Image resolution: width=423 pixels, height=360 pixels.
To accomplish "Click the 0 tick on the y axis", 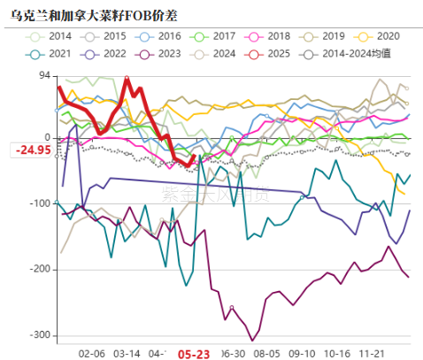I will tap(47, 138).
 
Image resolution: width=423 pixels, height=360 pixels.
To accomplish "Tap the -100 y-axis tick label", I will tap(39, 203).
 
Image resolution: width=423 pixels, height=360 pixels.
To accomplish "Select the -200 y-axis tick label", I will tap(39, 269).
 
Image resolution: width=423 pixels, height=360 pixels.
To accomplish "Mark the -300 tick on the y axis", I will tap(39, 335).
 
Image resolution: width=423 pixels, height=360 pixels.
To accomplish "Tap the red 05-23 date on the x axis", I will tap(193, 352).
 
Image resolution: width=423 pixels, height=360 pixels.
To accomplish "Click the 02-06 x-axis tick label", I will tap(92, 351).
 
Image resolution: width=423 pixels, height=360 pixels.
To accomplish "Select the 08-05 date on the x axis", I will tap(267, 351).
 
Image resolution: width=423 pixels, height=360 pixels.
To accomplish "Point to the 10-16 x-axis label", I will tap(336, 351).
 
